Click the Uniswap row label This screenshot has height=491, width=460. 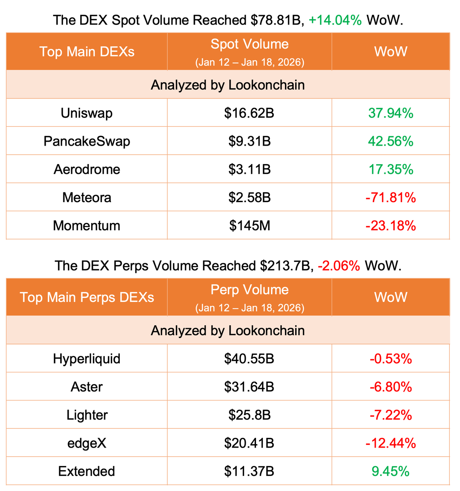click(87, 113)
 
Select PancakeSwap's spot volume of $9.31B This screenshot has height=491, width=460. click(249, 141)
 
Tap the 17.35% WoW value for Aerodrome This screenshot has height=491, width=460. click(391, 169)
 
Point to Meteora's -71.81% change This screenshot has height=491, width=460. click(391, 198)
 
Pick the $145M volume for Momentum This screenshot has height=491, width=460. click(249, 225)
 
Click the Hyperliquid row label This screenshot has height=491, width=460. click(87, 359)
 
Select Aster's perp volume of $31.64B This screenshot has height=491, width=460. click(249, 387)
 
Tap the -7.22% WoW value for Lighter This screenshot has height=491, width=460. click(391, 415)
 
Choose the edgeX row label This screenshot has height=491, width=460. click(87, 443)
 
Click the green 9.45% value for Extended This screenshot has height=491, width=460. click(391, 471)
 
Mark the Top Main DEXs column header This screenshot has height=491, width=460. click(87, 52)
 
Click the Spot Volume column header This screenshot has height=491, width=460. click(249, 44)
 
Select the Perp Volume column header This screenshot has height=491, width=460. click(249, 290)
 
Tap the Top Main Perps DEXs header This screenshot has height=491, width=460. click(87, 297)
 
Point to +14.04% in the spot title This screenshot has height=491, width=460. click(335, 20)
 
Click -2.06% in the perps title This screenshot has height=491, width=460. click(339, 266)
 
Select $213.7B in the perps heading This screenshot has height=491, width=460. click(285, 266)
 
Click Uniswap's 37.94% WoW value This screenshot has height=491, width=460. click(391, 113)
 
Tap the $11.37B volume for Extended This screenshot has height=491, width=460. click(249, 471)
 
